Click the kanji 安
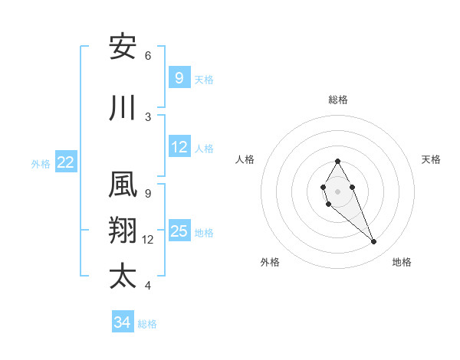pos(123,47)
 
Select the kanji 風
pos(123,185)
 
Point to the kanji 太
pos(123,277)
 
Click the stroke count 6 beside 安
pos(148,55)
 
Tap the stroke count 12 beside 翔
pos(148,239)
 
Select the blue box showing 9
pos(179,78)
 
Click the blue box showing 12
pos(179,148)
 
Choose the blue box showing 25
pos(179,231)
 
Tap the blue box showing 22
pos(66,162)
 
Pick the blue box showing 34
pos(122,322)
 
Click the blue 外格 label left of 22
pos(41,163)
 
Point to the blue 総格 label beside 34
pos(147,324)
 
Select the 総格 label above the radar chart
pos(337,100)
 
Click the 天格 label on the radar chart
pos(431,159)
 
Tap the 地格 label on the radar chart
pos(402,262)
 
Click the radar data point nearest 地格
pos(374,242)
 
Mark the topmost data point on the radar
pos(337,161)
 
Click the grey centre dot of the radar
pos(337,191)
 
